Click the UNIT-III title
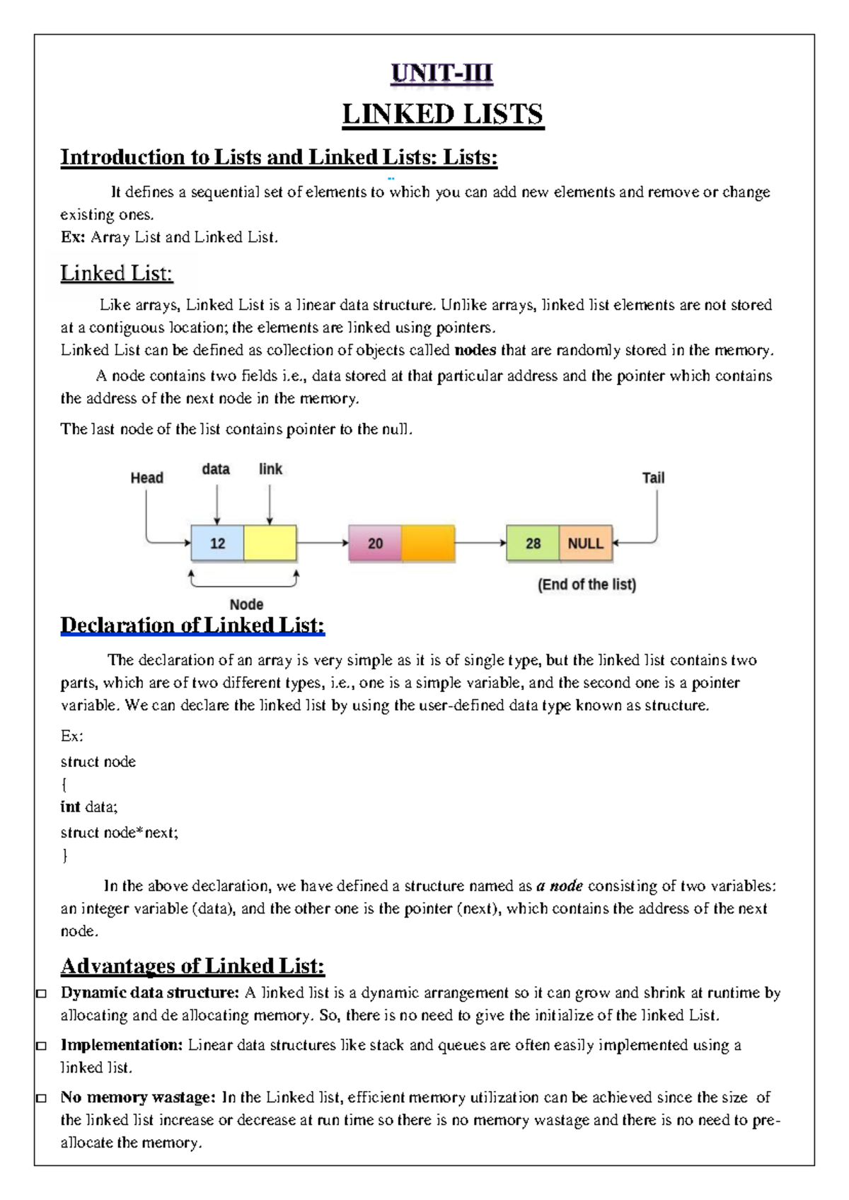pos(442,73)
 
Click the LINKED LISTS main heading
pos(442,115)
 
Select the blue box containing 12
pos(217,543)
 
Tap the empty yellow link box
pos(270,543)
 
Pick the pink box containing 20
pos(375,543)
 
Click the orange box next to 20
pos(428,543)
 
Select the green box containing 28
pos(533,543)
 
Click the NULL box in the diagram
pos(585,543)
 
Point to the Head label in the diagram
pos(146,478)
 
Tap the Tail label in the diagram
pos(653,478)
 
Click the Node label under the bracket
pos(246,604)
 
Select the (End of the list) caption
pos(587,584)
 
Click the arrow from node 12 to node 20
pos(322,543)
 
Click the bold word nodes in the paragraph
pos(475,350)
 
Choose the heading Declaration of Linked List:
pos(192,625)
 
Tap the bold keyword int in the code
pos(70,807)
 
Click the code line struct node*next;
pos(119,833)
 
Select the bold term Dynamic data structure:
pos(149,993)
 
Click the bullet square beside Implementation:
pos(42,1046)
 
